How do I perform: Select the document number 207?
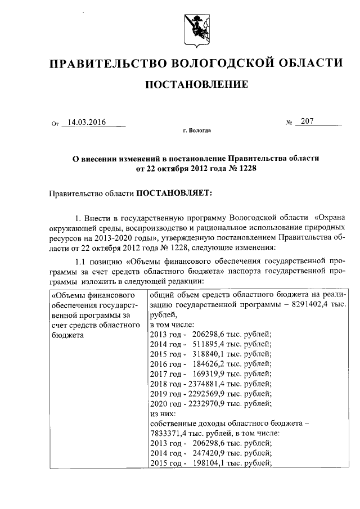pyautogui.click(x=308, y=121)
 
